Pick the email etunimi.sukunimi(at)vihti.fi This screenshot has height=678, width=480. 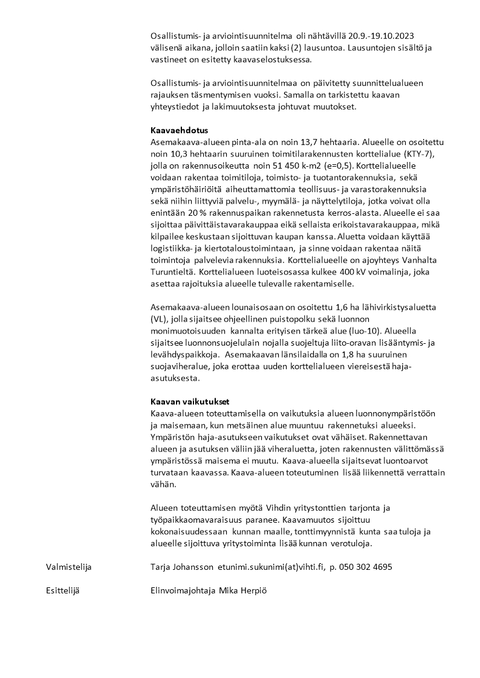(271, 567)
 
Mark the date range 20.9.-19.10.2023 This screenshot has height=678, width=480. (375, 36)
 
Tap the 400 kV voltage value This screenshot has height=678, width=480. (355, 272)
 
